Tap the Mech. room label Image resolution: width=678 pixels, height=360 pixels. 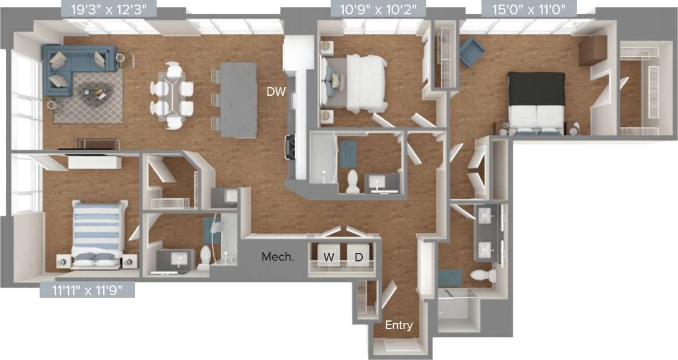pyautogui.click(x=278, y=257)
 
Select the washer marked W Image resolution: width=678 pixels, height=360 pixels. pyautogui.click(x=329, y=257)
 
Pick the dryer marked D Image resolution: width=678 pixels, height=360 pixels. pyautogui.click(x=359, y=257)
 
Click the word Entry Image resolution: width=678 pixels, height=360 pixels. pyautogui.click(x=398, y=326)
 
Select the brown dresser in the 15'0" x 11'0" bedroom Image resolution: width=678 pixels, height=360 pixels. pyautogui.click(x=592, y=50)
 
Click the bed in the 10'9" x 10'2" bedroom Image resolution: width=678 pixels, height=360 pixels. pyautogui.click(x=361, y=80)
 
